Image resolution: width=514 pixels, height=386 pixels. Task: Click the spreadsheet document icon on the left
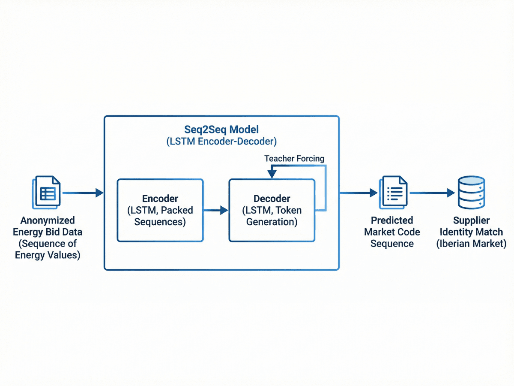(x=47, y=193)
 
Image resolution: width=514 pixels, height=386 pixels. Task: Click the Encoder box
(x=160, y=210)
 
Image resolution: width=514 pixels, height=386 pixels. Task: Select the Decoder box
(x=272, y=210)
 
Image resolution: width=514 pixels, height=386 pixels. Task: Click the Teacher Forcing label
(x=294, y=159)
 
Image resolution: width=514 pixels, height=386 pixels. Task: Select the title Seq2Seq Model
(x=222, y=129)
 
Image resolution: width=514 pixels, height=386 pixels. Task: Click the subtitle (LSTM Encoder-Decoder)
(x=222, y=142)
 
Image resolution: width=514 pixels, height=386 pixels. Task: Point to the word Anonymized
(x=48, y=221)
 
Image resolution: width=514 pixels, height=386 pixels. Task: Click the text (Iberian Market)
(x=471, y=244)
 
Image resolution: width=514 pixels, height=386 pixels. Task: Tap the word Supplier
(x=471, y=221)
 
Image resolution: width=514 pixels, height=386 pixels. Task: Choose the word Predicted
(x=392, y=221)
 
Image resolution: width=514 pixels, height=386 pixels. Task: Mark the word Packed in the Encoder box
(x=176, y=211)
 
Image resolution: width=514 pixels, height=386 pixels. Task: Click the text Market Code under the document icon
(x=392, y=232)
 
